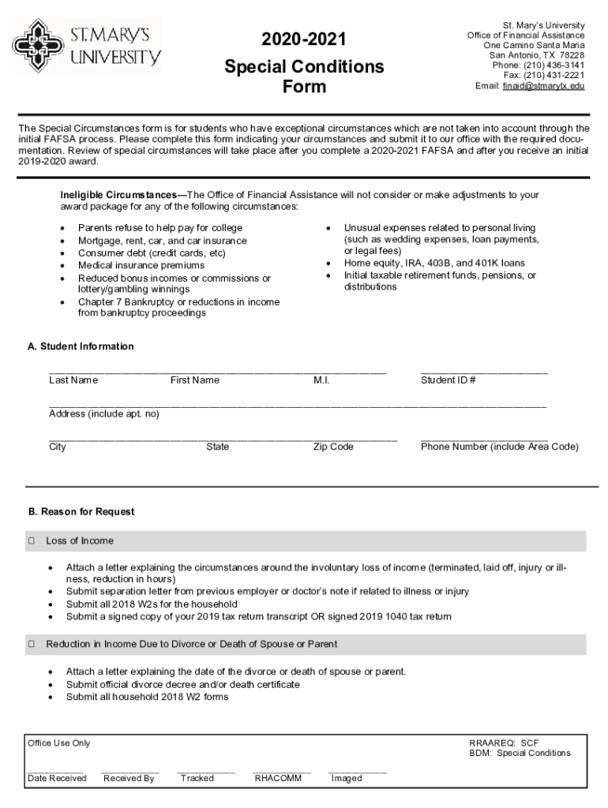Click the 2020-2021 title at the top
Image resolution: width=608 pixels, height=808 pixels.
(304, 40)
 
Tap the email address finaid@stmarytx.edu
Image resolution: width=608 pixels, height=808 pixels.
(543, 85)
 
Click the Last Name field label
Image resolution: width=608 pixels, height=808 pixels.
(73, 380)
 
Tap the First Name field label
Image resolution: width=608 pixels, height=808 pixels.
(195, 380)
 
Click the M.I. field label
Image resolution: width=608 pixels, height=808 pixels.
(321, 380)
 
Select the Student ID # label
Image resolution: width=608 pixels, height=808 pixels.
(448, 380)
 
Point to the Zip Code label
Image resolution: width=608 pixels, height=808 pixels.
(333, 447)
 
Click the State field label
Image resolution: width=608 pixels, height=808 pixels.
(218, 447)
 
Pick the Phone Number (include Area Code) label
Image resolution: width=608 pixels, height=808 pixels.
(500, 447)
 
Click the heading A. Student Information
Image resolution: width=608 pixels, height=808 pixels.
(81, 346)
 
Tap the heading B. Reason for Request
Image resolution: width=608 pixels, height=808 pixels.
(81, 512)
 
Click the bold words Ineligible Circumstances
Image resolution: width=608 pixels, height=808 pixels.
(118, 194)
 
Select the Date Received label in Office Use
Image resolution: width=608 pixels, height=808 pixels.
(57, 779)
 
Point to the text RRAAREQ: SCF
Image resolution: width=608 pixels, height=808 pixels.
(503, 743)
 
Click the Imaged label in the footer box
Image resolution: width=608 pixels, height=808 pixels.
(347, 779)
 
